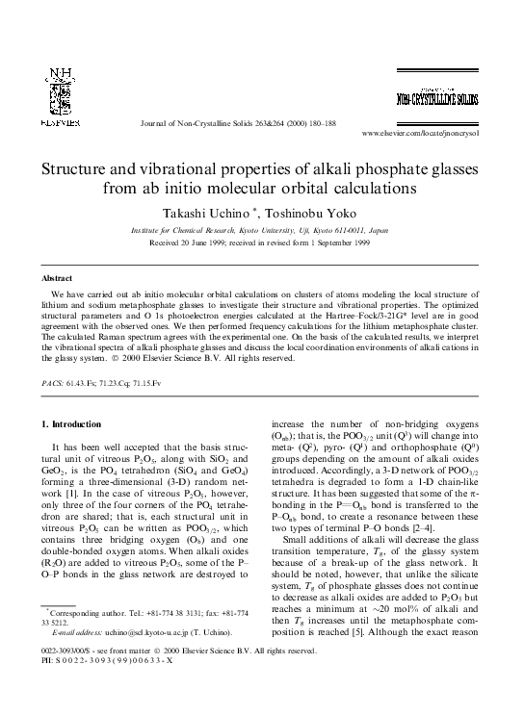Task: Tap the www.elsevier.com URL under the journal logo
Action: pyautogui.click(x=434, y=133)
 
